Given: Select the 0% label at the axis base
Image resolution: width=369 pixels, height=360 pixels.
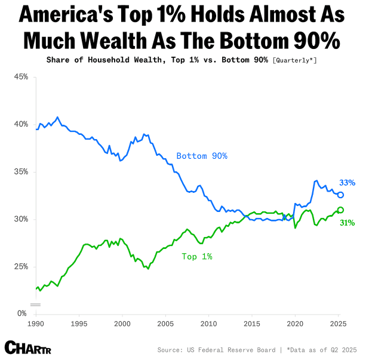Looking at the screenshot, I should point(23,313).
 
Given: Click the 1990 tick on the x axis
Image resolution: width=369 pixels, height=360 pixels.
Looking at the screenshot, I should point(36,323).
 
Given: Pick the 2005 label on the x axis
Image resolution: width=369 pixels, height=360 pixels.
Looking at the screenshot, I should point(165,323).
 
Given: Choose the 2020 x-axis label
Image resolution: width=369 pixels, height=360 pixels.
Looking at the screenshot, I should point(295,323).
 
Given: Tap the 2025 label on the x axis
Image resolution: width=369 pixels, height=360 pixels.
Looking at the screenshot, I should point(338,323).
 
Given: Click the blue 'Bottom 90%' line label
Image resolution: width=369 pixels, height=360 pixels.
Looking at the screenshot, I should point(202,156).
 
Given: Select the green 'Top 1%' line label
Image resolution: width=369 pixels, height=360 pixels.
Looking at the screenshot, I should point(197,256).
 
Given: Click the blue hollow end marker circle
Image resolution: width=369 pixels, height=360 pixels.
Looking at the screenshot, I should point(340,195).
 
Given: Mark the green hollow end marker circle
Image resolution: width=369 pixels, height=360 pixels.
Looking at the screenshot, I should point(340,210).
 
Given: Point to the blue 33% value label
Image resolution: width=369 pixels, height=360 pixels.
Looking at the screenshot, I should point(348,183).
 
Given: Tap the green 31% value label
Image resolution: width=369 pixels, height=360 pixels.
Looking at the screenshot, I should point(348,223).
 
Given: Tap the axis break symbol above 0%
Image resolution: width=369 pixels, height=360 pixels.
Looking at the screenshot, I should point(36,304).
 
